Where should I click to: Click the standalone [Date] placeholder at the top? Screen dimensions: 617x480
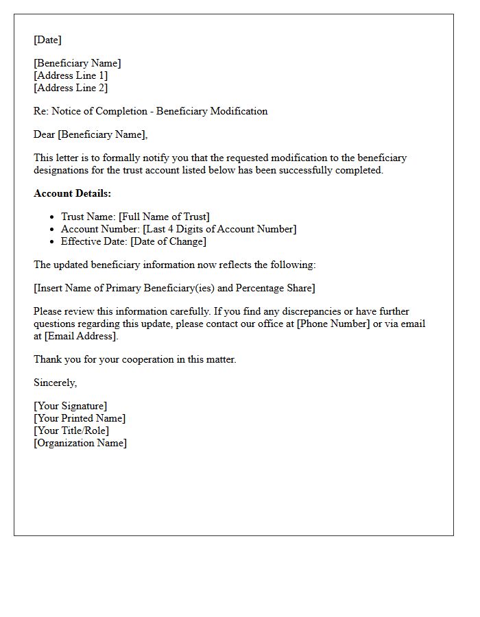pyautogui.click(x=47, y=40)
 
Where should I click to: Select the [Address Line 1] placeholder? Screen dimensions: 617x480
pyautogui.click(x=71, y=75)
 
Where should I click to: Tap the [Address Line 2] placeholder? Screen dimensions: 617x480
pyautogui.click(x=71, y=88)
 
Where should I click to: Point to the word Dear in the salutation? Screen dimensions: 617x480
pyautogui.click(x=45, y=134)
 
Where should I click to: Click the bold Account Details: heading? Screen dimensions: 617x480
pyautogui.click(x=72, y=193)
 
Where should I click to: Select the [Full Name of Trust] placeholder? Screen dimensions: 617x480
pyautogui.click(x=164, y=217)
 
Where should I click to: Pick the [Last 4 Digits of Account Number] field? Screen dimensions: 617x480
pyautogui.click(x=219, y=229)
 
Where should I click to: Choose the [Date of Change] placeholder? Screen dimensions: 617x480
pyautogui.click(x=168, y=241)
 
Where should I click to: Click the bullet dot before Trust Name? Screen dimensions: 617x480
pyautogui.click(x=53, y=217)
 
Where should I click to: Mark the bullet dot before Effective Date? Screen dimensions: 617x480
pyautogui.click(x=53, y=241)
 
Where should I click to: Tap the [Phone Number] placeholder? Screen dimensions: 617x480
pyautogui.click(x=333, y=324)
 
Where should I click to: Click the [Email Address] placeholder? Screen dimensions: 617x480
pyautogui.click(x=81, y=336)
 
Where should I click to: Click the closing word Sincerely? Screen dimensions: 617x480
pyautogui.click(x=55, y=383)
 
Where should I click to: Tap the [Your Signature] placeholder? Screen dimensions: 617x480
pyautogui.click(x=71, y=406)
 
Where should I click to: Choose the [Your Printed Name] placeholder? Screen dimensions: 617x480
pyautogui.click(x=80, y=418)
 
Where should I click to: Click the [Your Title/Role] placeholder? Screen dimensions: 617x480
pyautogui.click(x=71, y=431)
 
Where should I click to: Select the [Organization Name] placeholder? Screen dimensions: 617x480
pyautogui.click(x=80, y=443)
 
